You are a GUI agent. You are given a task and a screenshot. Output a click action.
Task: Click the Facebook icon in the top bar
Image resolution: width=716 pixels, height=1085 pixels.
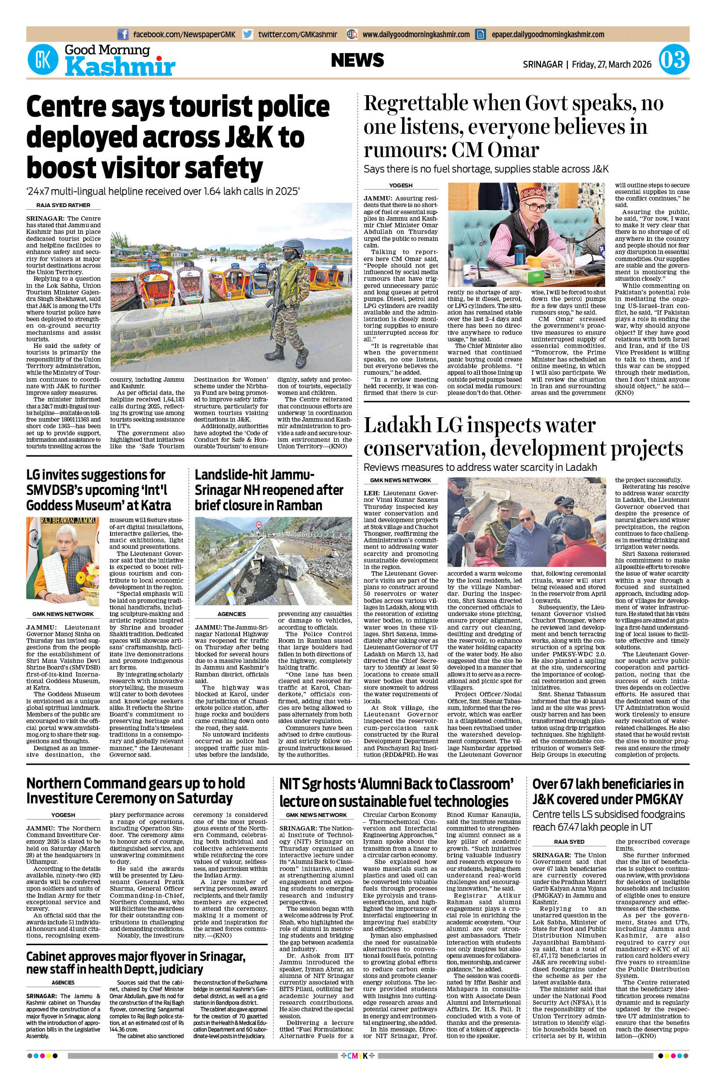[123, 34]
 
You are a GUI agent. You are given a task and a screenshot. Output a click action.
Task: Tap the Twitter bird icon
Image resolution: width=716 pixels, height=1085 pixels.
[247, 34]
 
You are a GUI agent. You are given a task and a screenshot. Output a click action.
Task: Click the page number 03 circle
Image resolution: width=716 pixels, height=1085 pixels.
[673, 61]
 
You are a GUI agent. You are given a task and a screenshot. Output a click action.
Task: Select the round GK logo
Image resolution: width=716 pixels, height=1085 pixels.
[43, 61]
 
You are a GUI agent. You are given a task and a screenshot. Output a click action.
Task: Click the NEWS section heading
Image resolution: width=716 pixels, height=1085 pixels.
[358, 60]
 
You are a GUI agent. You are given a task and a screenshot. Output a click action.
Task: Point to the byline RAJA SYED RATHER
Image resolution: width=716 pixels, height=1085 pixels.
[64, 205]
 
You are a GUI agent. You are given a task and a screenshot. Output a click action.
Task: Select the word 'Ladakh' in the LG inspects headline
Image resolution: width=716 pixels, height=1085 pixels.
[396, 425]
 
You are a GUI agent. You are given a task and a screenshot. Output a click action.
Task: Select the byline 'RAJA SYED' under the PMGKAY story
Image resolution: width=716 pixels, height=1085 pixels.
[569, 842]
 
